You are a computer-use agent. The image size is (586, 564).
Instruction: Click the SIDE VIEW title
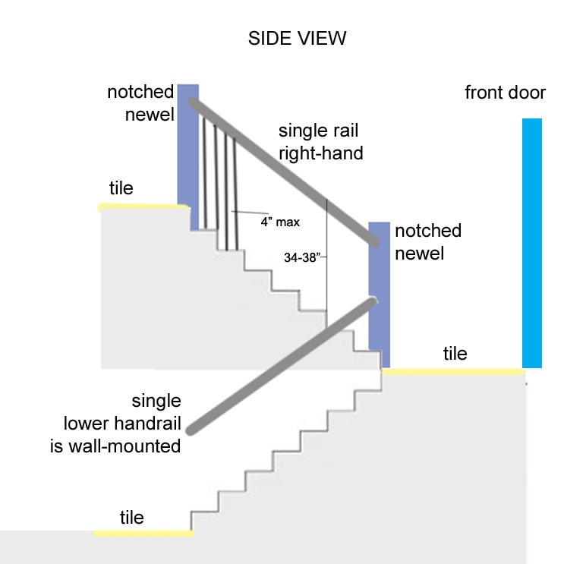[x=297, y=39]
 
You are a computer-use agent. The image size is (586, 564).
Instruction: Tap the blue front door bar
[x=531, y=243]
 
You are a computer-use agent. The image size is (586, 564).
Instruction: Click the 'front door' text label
[x=505, y=93]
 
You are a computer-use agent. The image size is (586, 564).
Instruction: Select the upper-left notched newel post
[x=187, y=152]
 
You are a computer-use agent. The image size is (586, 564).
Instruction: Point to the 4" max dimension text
[x=280, y=222]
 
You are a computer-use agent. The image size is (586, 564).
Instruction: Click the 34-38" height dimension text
[x=301, y=257]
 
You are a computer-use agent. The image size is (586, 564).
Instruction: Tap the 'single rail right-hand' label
[x=320, y=142]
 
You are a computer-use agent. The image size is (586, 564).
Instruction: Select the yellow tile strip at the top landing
[x=143, y=206]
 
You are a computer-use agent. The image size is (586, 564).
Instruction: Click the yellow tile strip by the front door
[x=453, y=372]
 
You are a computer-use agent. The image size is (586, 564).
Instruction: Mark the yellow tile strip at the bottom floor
[x=143, y=534]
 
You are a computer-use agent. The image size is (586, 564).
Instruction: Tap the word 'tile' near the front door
[x=455, y=353]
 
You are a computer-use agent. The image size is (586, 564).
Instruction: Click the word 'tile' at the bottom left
[x=131, y=518]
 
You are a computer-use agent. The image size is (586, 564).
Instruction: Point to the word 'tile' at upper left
[x=121, y=187]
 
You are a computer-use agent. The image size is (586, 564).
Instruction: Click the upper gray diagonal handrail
[x=285, y=172]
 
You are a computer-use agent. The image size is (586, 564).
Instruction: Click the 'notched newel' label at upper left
[x=140, y=103]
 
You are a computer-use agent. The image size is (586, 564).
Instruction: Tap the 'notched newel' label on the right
[x=427, y=241]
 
